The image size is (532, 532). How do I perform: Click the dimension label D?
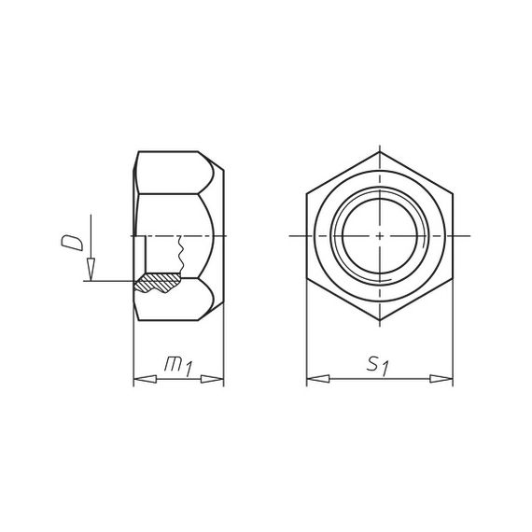[72, 243]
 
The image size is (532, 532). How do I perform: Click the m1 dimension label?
[178, 367]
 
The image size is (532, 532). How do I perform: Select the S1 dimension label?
[377, 367]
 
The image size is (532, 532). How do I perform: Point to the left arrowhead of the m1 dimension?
[146, 379]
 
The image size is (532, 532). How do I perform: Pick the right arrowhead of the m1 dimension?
[212, 379]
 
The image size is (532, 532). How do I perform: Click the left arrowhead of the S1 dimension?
[318, 379]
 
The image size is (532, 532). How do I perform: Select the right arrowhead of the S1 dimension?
[441, 379]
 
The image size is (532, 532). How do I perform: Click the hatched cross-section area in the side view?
[157, 282]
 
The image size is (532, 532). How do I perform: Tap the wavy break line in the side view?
[181, 255]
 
